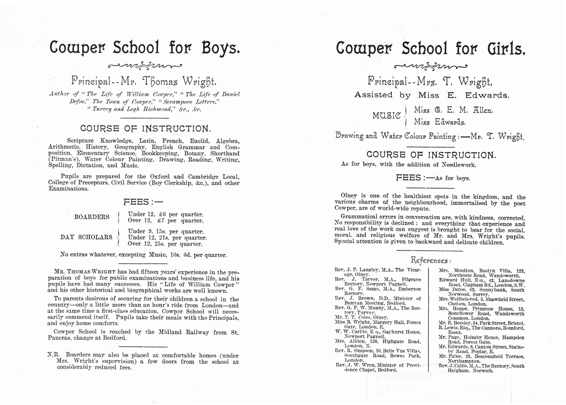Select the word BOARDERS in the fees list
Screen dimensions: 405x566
(91, 217)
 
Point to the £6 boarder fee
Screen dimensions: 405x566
(159, 214)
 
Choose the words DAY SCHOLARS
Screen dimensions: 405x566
(86, 237)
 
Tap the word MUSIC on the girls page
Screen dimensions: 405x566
(386, 116)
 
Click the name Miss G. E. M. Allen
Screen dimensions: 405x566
(453, 110)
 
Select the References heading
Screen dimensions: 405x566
(431, 261)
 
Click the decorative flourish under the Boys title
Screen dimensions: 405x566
(145, 65)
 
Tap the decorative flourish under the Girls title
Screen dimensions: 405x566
(430, 66)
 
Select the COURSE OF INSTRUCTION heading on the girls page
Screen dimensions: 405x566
(431, 155)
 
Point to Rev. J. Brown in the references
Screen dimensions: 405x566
(354, 298)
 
